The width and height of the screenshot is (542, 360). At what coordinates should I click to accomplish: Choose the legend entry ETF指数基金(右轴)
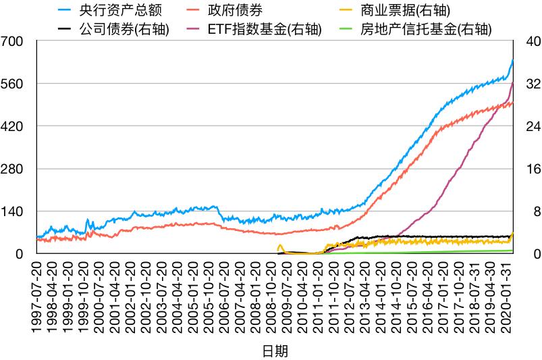click(267, 30)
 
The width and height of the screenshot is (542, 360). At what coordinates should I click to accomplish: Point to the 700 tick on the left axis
click(13, 41)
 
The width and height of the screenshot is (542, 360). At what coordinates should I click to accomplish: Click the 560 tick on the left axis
click(13, 84)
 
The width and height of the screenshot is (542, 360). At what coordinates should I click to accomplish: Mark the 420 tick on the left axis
click(13, 126)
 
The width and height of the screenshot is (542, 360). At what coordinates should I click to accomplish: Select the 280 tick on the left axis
click(13, 169)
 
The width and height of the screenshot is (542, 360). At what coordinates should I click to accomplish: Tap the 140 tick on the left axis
click(13, 211)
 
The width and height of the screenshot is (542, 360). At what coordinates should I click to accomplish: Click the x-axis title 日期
click(275, 351)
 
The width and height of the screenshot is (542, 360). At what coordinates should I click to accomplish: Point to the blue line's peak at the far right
click(513, 60)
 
